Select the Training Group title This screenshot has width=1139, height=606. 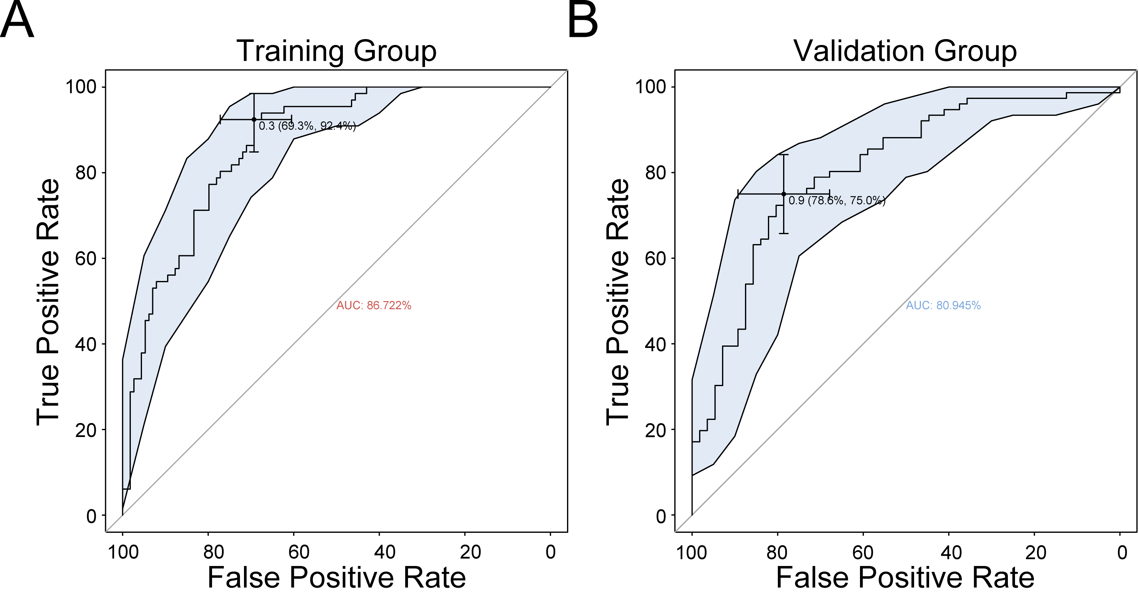click(336, 51)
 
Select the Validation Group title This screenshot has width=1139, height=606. click(905, 51)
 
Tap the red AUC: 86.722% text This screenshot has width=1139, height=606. click(374, 306)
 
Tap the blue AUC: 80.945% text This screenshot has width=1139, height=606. click(943, 306)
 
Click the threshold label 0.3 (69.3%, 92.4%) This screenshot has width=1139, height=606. click(307, 126)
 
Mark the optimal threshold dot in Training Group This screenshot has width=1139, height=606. click(254, 119)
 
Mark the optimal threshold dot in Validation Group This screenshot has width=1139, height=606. click(783, 194)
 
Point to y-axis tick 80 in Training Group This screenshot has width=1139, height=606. click(86, 173)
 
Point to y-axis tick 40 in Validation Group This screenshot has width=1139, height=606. click(655, 345)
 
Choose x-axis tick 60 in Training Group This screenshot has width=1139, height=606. click(299, 552)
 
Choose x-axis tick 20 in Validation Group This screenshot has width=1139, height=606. click(1035, 552)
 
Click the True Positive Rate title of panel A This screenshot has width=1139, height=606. click(48, 302)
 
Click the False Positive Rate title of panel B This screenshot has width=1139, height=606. click(905, 578)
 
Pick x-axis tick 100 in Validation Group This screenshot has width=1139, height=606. click(692, 552)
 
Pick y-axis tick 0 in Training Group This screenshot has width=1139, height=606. click(91, 516)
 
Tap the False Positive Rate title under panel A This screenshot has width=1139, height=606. click(336, 578)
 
